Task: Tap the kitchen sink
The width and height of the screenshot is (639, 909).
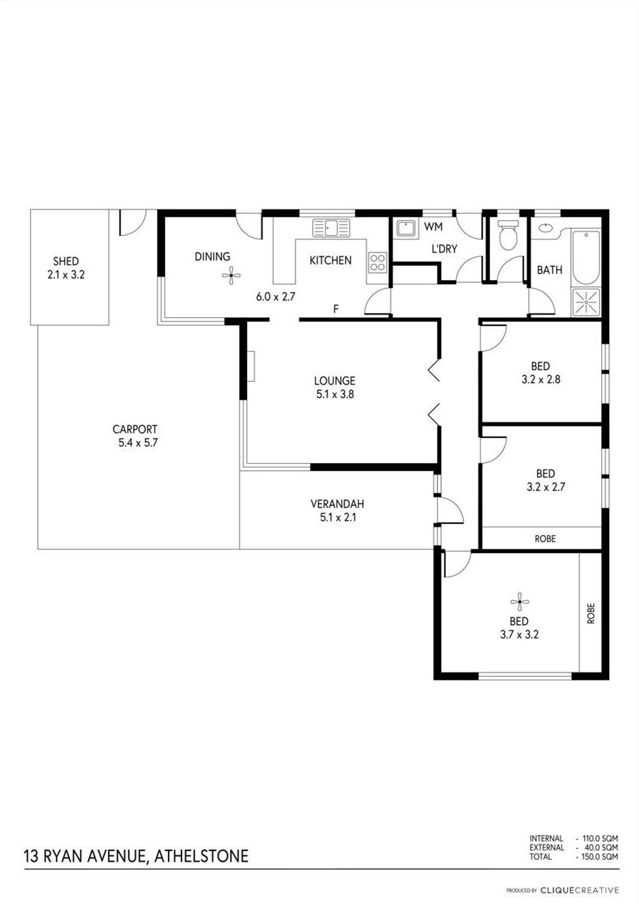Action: (x=331, y=228)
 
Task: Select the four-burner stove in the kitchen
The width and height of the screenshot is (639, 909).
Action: (x=378, y=262)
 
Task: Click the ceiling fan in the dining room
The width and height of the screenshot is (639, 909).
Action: (x=231, y=276)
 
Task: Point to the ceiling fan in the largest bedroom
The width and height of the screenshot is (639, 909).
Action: (x=520, y=602)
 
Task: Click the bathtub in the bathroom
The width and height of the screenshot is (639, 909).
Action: (x=585, y=257)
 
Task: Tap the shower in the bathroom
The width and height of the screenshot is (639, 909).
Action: (x=585, y=302)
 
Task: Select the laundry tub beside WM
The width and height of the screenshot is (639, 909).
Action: (x=406, y=229)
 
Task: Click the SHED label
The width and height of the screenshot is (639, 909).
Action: (x=66, y=262)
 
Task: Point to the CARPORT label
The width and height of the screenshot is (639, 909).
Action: (x=135, y=429)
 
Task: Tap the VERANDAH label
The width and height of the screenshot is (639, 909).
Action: (x=337, y=504)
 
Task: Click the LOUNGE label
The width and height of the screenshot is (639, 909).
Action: (x=335, y=381)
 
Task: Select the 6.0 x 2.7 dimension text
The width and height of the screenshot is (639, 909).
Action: (x=276, y=297)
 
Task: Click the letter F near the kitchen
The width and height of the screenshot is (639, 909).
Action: (x=336, y=309)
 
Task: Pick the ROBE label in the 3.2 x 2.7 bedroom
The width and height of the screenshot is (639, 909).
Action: (x=545, y=539)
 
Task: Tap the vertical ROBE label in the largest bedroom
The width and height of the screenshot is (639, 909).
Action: (x=590, y=613)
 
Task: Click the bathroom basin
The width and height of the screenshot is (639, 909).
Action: (x=545, y=228)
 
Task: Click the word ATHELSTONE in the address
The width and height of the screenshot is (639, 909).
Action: (x=201, y=856)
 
